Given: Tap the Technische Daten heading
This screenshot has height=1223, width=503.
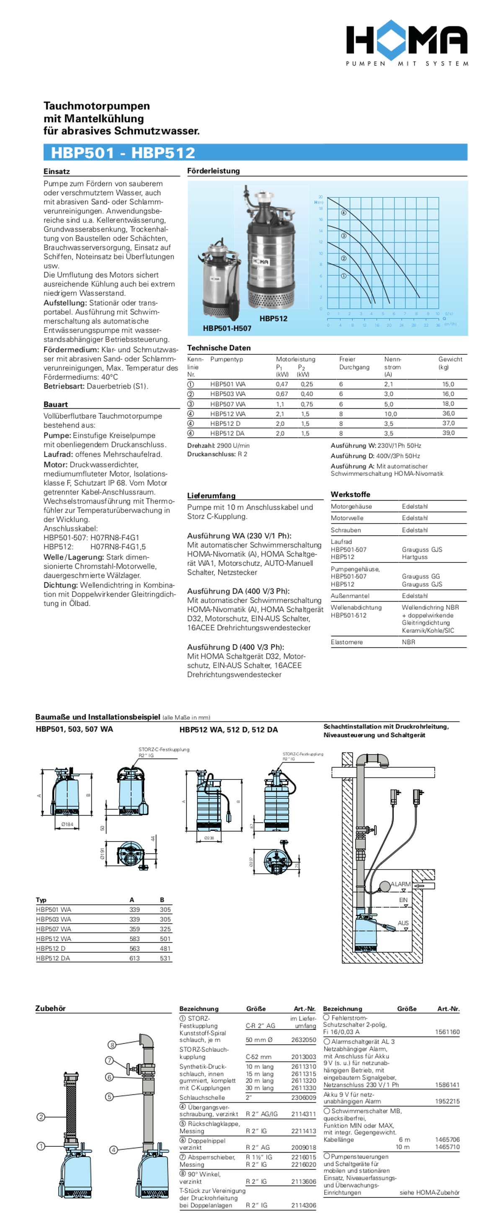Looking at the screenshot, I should click(219, 348).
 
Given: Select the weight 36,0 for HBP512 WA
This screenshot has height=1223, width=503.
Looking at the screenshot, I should click(448, 413).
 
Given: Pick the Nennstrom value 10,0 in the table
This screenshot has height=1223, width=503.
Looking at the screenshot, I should click(390, 414).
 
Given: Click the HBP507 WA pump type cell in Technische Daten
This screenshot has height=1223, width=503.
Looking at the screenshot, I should click(228, 404).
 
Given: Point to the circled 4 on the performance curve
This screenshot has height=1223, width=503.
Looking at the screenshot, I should click(343, 213).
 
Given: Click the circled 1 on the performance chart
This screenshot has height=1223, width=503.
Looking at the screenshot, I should click(343, 276).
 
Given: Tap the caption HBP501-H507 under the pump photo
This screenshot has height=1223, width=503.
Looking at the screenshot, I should click(227, 328).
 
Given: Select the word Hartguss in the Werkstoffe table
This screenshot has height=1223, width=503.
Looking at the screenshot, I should click(414, 557).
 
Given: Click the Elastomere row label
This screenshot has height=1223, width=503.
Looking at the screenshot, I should click(346, 642).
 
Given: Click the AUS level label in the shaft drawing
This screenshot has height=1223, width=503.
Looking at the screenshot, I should click(403, 923).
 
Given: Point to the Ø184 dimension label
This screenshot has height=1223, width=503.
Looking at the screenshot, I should click(67, 824).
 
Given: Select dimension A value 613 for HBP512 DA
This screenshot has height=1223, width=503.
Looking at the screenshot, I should click(134, 958).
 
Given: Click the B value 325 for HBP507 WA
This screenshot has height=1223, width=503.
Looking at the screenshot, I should click(165, 929).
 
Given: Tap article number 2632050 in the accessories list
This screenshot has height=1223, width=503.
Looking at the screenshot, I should click(303, 1040).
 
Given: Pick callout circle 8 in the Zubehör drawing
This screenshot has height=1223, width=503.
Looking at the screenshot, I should click(112, 1045).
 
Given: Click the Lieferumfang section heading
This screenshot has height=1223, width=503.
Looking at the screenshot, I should click(211, 495).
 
